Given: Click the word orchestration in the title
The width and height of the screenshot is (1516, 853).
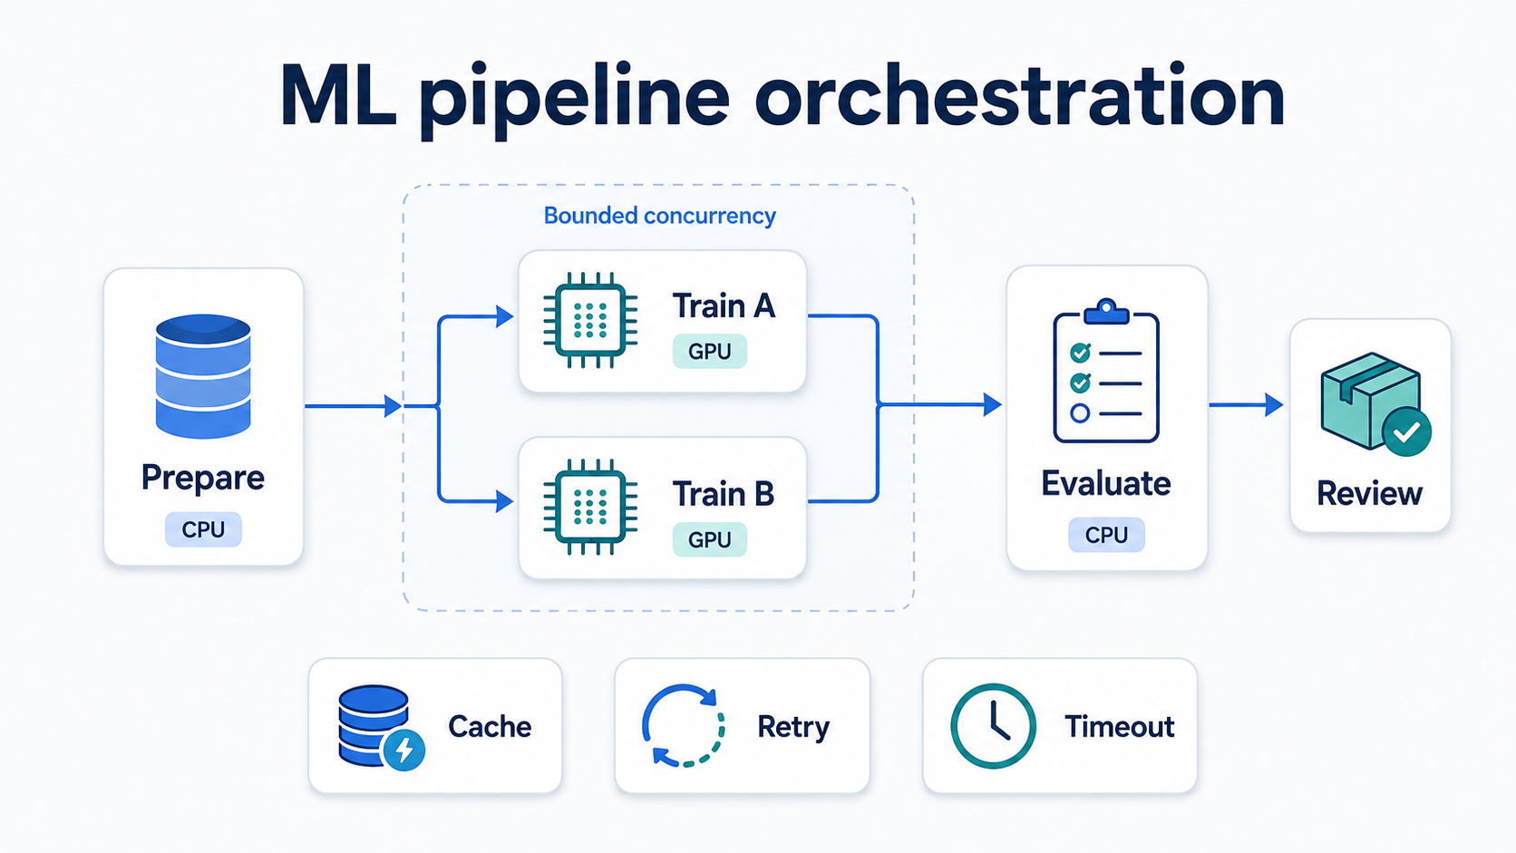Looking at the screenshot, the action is click(x=1019, y=96).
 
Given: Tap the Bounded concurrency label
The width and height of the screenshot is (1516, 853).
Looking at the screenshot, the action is click(x=660, y=216).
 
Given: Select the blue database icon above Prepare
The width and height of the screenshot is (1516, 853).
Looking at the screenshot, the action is click(x=203, y=376).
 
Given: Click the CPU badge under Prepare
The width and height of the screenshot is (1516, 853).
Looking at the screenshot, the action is click(x=203, y=529).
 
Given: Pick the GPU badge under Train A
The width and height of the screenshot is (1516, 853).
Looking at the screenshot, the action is click(x=709, y=351).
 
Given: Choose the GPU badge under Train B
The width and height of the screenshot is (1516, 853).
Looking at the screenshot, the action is click(x=709, y=539).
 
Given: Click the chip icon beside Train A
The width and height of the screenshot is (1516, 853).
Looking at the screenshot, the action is click(x=590, y=320).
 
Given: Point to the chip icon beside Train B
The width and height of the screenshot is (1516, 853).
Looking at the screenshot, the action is click(x=590, y=507).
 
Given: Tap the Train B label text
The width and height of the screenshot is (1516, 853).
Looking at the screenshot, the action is click(x=723, y=493).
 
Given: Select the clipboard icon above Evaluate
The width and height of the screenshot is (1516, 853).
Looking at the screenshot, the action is click(x=1106, y=371).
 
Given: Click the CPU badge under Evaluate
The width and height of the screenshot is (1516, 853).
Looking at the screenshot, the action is click(x=1106, y=535).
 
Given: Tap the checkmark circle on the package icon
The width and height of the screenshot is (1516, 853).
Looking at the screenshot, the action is click(x=1407, y=431).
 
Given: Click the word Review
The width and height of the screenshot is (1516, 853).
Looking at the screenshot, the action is click(x=1369, y=493).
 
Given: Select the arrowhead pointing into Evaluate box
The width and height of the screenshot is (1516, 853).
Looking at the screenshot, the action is click(x=992, y=404).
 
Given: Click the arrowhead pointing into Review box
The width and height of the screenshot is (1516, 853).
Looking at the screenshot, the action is click(x=1274, y=404).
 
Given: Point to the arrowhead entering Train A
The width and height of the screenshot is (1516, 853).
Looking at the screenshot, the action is click(x=504, y=315).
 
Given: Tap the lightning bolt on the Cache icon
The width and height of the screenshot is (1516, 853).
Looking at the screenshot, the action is click(x=404, y=750).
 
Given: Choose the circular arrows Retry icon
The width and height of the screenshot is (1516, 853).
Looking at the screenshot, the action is click(x=684, y=726).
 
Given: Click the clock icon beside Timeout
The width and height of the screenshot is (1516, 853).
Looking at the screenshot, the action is click(x=993, y=726).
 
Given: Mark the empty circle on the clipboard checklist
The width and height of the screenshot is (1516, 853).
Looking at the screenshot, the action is click(x=1080, y=412).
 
